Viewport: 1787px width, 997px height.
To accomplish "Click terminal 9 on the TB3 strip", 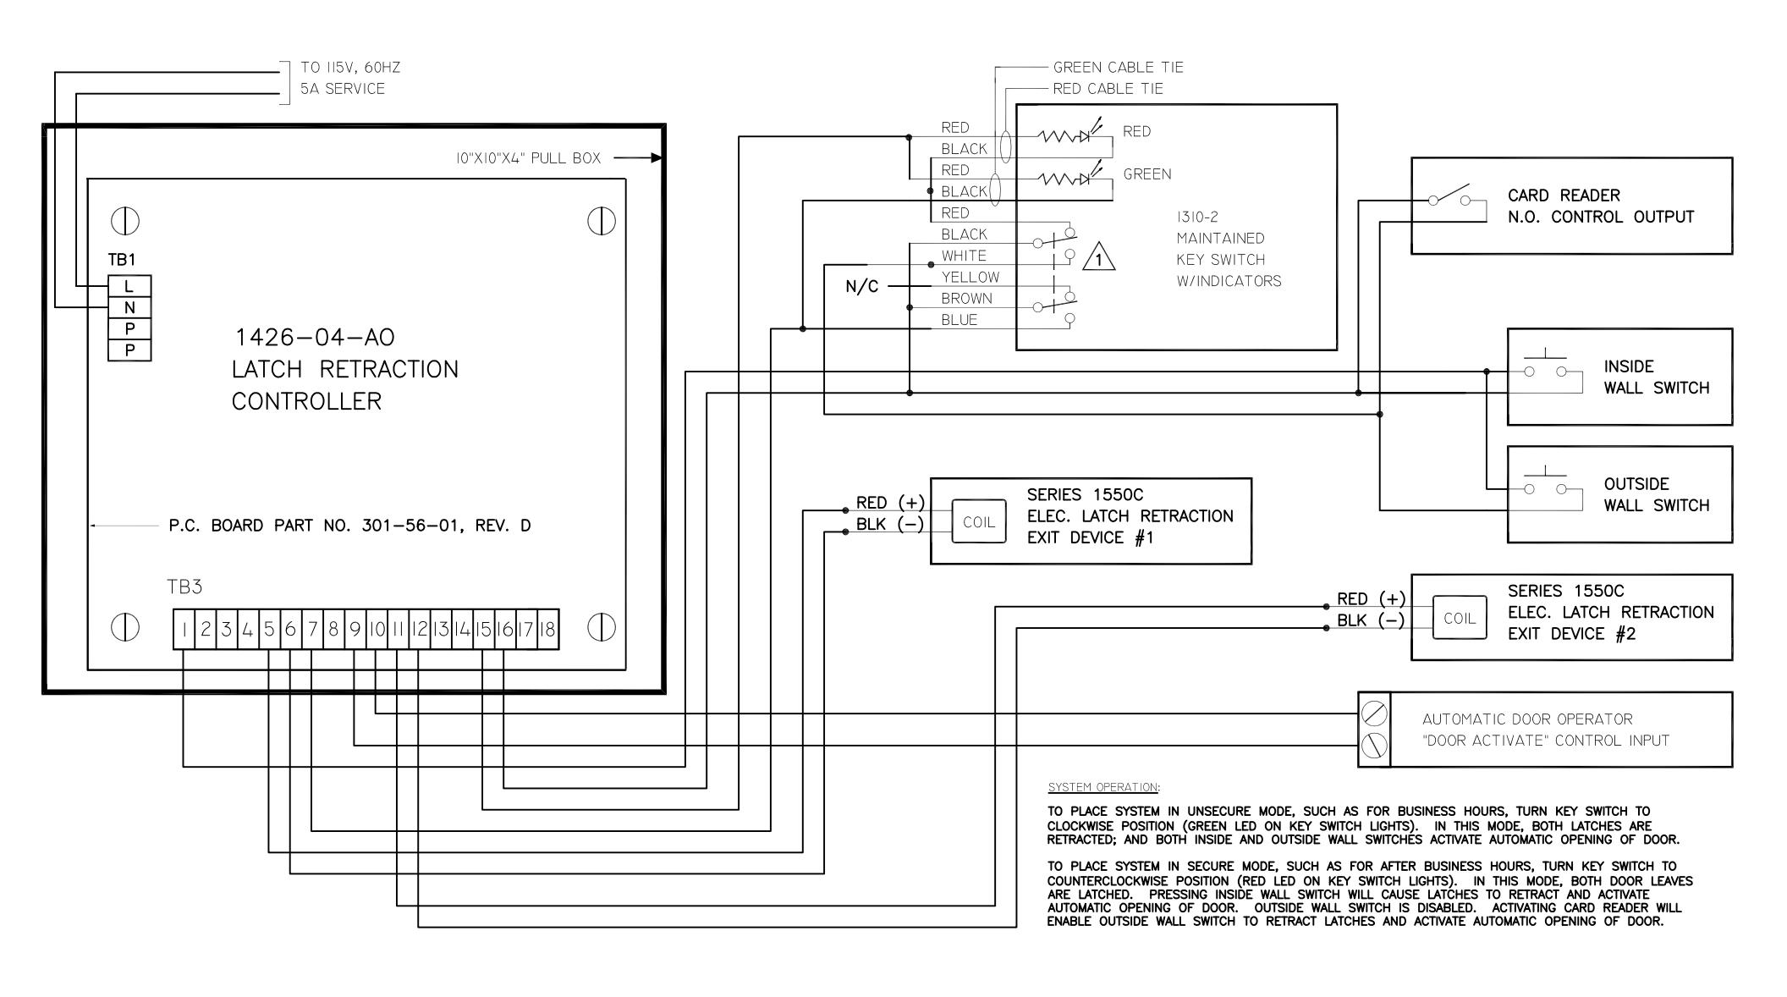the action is (x=355, y=630).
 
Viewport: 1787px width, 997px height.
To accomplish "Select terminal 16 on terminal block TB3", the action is (x=505, y=630).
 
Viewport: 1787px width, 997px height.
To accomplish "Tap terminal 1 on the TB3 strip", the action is (x=184, y=630).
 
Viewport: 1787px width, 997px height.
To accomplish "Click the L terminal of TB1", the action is (x=129, y=286).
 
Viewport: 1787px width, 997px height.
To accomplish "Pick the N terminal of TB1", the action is (x=129, y=307).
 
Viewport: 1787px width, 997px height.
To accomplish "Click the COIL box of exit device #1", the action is (x=979, y=522).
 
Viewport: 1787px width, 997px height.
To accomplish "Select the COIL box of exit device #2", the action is (x=1460, y=618).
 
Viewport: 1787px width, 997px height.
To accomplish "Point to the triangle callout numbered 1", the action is (x=1099, y=257).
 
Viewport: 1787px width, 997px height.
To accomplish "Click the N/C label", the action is (x=862, y=287).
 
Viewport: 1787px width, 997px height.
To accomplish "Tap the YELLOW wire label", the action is (x=970, y=277).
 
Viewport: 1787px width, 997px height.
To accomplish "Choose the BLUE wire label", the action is (x=959, y=320).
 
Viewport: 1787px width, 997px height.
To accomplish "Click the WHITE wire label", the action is (x=964, y=256).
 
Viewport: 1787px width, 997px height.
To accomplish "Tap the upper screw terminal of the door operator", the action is (x=1374, y=714).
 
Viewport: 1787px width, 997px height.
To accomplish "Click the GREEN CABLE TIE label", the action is (x=1119, y=67).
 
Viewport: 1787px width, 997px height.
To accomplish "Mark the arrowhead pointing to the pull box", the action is (x=657, y=157).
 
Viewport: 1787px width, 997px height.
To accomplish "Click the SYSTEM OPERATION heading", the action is (x=1103, y=787).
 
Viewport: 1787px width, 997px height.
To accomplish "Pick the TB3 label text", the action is (x=184, y=587).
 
